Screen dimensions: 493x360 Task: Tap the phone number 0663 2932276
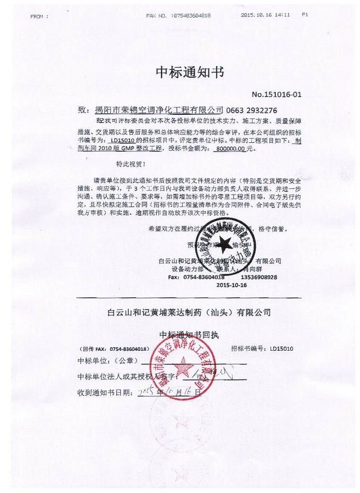click(251, 111)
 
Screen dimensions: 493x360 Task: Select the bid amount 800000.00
click(230, 150)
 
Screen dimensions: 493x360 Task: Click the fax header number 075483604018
click(189, 16)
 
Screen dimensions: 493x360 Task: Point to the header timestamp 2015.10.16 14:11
click(265, 15)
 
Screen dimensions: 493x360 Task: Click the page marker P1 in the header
click(305, 15)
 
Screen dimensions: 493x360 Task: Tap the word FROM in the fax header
click(39, 16)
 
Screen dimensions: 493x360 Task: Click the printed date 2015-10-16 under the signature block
click(231, 285)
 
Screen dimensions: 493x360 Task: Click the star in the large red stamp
click(185, 365)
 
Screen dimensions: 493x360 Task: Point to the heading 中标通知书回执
click(188, 335)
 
